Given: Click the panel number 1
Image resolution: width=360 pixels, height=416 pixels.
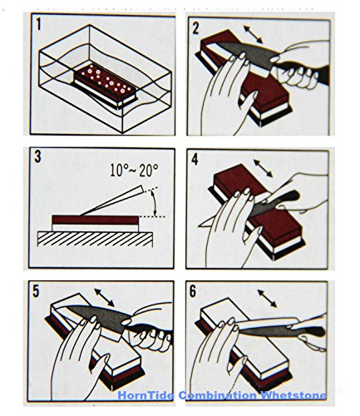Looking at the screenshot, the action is tap(38, 23).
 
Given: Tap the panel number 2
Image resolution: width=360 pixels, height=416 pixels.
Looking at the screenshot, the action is tap(195, 27).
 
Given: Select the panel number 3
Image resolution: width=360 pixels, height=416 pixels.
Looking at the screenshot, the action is tap(37, 156).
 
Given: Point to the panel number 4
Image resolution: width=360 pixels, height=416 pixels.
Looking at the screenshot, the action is tap(195, 159).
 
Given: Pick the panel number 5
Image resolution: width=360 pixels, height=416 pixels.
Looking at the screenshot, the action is tap(36, 291).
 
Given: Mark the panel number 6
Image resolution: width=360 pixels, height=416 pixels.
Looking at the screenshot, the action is tap(193, 291).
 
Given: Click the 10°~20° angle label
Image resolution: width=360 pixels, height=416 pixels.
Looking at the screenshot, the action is tap(134, 171).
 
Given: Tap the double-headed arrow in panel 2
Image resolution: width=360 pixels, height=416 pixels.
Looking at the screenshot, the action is tap(253, 34).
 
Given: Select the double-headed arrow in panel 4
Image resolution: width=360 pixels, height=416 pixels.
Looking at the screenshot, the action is tap(263, 168).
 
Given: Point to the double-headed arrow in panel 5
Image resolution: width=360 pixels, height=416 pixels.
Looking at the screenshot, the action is tap(104, 297).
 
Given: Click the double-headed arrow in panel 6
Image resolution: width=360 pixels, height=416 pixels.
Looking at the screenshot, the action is tap(267, 299).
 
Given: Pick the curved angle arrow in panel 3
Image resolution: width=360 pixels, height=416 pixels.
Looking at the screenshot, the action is tap(155, 203).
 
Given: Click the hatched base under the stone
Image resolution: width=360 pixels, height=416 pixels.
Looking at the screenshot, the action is tap(95, 239).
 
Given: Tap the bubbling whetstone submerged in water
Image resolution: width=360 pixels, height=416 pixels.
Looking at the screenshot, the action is tap(106, 85).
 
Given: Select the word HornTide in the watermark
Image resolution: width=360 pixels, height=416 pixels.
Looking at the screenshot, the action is tap(145, 395).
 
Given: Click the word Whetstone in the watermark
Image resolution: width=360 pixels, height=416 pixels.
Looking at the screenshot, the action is tap(293, 395).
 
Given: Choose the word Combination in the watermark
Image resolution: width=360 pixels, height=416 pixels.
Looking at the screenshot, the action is tap(218, 395).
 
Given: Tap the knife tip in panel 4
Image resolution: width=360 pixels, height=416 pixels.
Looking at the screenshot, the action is tap(199, 226).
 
